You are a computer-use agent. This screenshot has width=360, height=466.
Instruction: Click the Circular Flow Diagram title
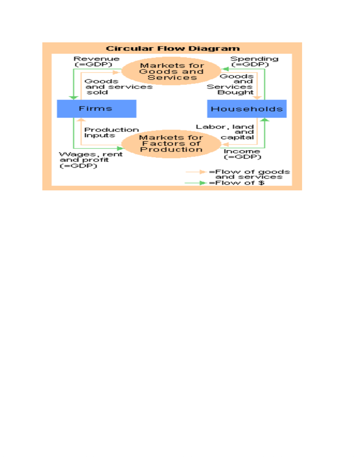pyautogui.click(x=173, y=49)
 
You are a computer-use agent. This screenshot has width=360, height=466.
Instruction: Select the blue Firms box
pyautogui.click(x=96, y=109)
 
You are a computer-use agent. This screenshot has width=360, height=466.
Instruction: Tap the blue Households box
pyautogui.click(x=247, y=109)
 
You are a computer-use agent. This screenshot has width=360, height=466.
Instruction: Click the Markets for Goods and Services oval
pyautogui.click(x=171, y=71)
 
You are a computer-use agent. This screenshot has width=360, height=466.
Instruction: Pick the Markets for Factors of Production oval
pyautogui.click(x=171, y=144)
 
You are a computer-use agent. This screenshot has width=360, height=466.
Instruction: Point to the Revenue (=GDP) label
pyautogui.click(x=96, y=62)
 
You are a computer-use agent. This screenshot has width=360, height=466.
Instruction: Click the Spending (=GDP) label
pyautogui.click(x=254, y=62)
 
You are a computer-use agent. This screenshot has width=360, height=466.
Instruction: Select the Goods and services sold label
pyautogui.click(x=118, y=87)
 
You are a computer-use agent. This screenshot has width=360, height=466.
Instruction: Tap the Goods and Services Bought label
pyautogui.click(x=230, y=84)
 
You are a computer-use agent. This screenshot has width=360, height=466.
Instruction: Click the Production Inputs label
pyautogui.click(x=112, y=133)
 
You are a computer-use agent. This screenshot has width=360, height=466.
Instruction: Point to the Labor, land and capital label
pyautogui.click(x=225, y=132)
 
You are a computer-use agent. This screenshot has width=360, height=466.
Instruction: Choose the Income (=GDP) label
pyautogui.click(x=242, y=154)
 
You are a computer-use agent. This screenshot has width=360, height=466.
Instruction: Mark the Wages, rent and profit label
pyautogui.click(x=90, y=160)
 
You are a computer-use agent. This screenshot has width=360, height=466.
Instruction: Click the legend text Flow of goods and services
pyautogui.click(x=249, y=174)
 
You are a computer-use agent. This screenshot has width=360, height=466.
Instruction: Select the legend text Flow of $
pyautogui.click(x=236, y=183)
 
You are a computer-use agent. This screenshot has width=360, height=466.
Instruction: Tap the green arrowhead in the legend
pyautogui.click(x=203, y=183)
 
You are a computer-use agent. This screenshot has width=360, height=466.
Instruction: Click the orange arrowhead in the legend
pyautogui.click(x=203, y=172)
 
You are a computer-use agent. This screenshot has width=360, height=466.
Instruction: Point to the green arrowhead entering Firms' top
pyautogui.click(x=73, y=98)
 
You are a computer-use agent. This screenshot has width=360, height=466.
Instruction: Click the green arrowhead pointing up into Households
pyautogui.click(x=264, y=119)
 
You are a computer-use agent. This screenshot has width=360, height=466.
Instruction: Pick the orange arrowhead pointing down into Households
pyautogui.click(x=257, y=98)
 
